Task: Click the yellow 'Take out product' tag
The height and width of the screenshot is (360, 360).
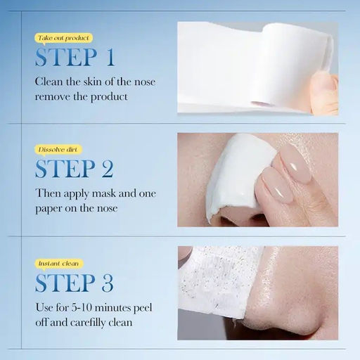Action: click(63, 37)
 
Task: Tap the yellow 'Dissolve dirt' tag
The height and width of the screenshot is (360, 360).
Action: click(59, 150)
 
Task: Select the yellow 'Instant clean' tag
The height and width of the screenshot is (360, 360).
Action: click(59, 263)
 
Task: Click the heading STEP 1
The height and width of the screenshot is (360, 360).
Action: click(75, 57)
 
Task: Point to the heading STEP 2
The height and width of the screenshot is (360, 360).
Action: click(75, 169)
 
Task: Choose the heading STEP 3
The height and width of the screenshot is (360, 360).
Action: click(75, 283)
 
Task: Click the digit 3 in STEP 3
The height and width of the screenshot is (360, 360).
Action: click(107, 283)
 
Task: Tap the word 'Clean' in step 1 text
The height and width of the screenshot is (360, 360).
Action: click(50, 82)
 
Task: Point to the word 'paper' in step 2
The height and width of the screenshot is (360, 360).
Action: click(52, 208)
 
